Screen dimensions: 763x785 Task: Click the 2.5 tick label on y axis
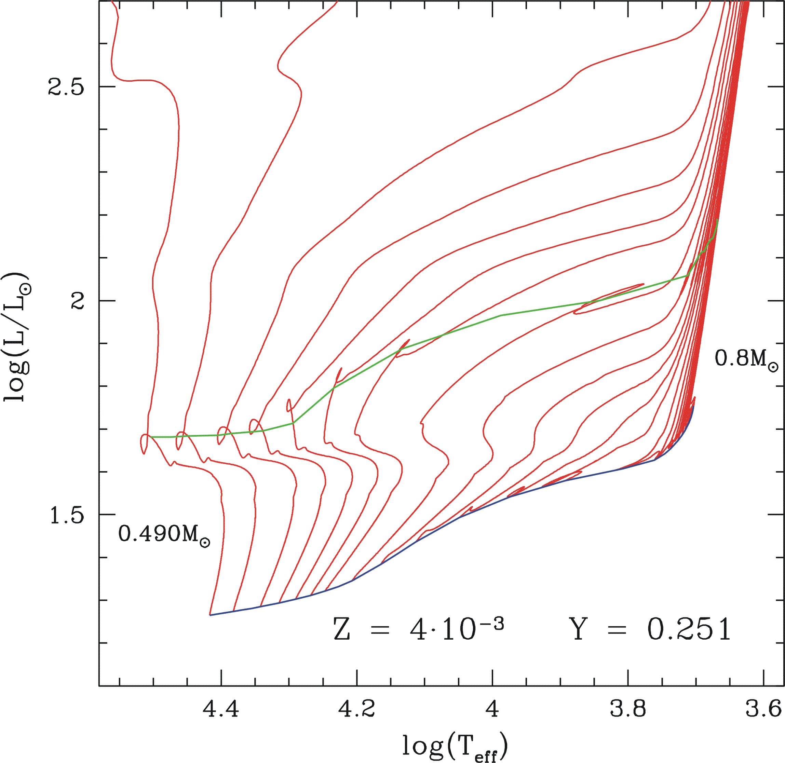pos(66,86)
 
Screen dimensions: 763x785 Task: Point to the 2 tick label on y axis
pos(77,301)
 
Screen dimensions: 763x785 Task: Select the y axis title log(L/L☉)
pos(17,337)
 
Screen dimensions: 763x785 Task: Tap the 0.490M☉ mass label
pos(164,534)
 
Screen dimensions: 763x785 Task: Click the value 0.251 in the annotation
pos(689,629)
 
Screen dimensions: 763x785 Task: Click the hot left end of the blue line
pos(211,615)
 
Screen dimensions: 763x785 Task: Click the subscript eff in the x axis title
pos(486,755)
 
